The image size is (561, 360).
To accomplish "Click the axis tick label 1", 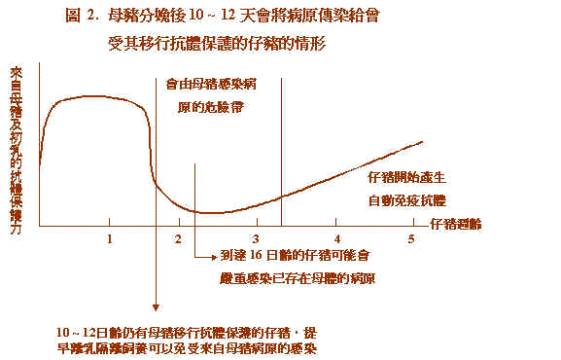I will pyautogui.click(x=109, y=239).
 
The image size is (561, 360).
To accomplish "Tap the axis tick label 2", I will pyautogui.click(x=179, y=239).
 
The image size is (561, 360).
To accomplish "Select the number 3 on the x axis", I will pyautogui.click(x=255, y=239).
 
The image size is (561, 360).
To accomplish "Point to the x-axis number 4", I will pyautogui.click(x=337, y=239).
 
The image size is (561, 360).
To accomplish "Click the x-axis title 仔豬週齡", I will pyautogui.click(x=455, y=224).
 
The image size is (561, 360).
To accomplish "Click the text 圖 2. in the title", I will pyautogui.click(x=82, y=17).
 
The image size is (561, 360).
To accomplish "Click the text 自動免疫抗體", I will pyautogui.click(x=406, y=201).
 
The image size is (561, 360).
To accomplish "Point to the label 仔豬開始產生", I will pyautogui.click(x=406, y=180).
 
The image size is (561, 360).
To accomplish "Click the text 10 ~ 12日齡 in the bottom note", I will pyautogui.click(x=87, y=331).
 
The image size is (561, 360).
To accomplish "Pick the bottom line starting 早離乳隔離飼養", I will pyautogui.click(x=188, y=347).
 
